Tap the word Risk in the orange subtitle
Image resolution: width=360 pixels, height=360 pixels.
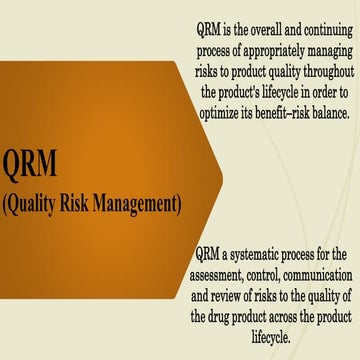tap(91, 205)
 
